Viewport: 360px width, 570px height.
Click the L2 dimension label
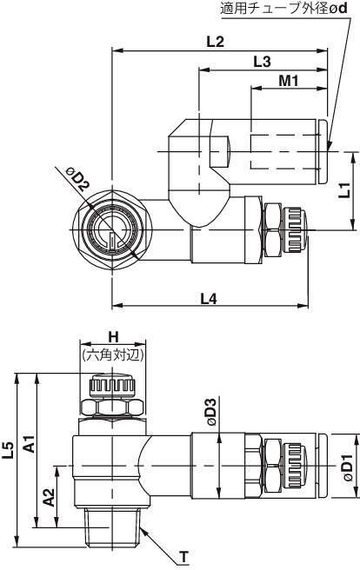(216, 42)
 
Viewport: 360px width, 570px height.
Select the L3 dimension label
(263, 62)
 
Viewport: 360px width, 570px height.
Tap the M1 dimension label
(289, 80)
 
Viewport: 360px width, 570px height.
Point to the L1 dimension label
(344, 190)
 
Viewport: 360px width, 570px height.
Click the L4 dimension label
(209, 299)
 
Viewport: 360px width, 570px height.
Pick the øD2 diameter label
(77, 180)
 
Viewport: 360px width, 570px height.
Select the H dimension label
(113, 337)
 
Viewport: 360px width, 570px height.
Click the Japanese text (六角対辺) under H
(113, 355)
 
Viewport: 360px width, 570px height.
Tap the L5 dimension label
(8, 449)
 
